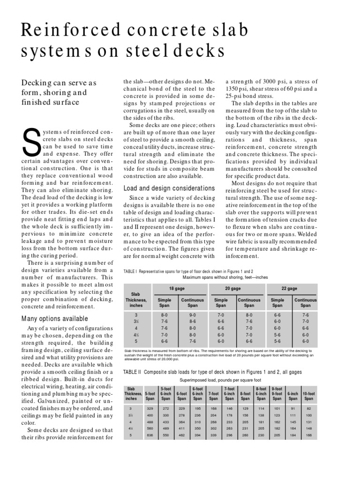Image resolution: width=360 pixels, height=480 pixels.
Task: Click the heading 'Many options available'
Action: click(49, 319)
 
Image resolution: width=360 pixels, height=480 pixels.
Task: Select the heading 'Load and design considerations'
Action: click(163, 188)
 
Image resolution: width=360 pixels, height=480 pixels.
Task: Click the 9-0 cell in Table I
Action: click(193, 315)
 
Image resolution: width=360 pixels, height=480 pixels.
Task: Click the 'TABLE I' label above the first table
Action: click(131, 271)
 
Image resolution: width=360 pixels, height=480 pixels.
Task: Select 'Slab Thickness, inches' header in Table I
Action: click(136, 300)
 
